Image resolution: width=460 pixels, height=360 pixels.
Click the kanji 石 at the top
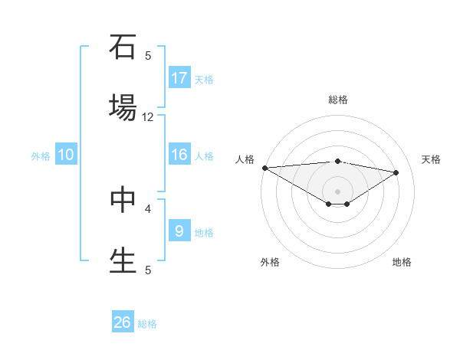click(123, 47)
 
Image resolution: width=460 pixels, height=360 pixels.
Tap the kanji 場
click(123, 106)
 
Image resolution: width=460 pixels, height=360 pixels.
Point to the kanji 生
click(123, 259)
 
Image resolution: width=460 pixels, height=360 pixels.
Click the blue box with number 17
click(179, 78)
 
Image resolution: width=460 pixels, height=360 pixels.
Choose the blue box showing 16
click(179, 155)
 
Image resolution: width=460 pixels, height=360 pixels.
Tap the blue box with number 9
click(179, 231)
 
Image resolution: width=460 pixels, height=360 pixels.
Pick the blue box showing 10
click(66, 155)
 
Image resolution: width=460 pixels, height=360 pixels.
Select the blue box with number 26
click(123, 322)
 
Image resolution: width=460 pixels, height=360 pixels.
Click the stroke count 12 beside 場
click(148, 117)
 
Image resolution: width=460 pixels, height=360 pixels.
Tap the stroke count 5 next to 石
click(148, 56)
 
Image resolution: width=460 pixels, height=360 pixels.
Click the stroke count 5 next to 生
click(148, 270)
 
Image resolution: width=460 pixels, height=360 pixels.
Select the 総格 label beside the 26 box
click(147, 324)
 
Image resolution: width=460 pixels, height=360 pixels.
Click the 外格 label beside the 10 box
click(41, 156)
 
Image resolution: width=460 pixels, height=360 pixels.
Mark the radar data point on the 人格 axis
click(264, 168)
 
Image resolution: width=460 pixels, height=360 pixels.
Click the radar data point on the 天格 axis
click(396, 172)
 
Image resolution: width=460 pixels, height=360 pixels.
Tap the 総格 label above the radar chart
click(338, 100)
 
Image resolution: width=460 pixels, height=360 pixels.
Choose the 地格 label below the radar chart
click(402, 262)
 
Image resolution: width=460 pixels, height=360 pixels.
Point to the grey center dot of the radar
click(337, 191)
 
